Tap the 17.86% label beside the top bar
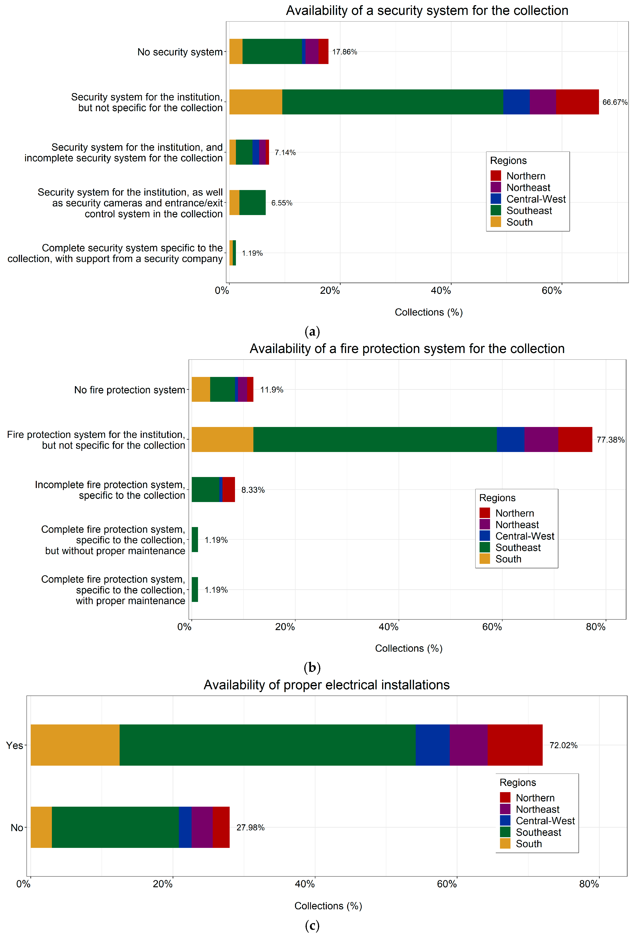[344, 52]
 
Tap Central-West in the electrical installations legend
[545, 821]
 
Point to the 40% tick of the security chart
[441, 291]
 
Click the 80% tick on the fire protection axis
[595, 627]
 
